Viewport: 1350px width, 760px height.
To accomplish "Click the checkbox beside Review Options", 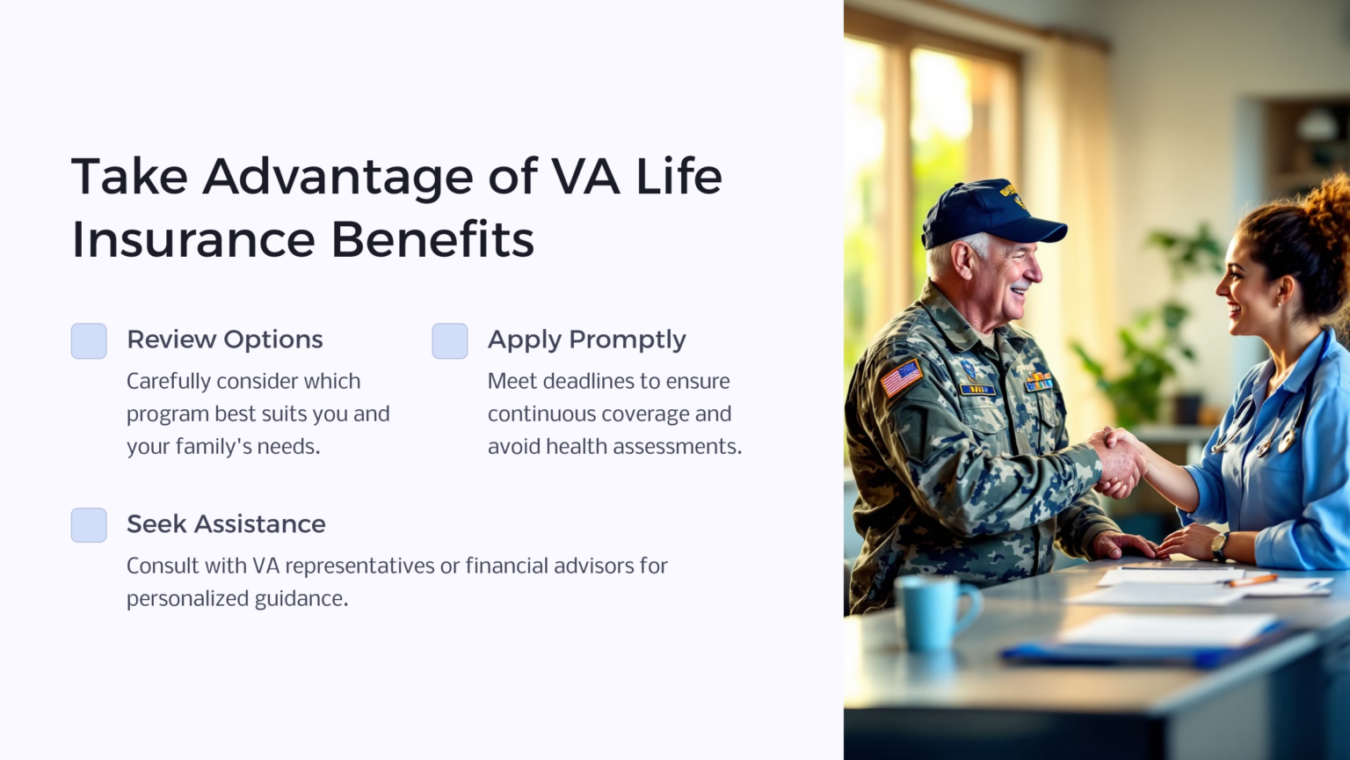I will point(89,341).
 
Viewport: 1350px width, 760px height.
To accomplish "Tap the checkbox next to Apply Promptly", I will point(450,341).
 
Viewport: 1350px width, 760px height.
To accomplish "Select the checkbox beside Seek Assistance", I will point(89,525).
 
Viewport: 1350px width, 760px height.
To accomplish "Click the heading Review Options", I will point(224,340).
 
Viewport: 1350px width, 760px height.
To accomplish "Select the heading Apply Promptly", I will point(586,340).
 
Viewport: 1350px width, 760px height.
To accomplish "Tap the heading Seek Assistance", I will point(226,524).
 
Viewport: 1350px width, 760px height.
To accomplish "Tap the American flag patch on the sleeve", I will point(902,378).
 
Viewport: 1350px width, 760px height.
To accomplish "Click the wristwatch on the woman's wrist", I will point(1220,545).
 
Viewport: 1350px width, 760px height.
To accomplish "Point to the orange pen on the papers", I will point(1252,581).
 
